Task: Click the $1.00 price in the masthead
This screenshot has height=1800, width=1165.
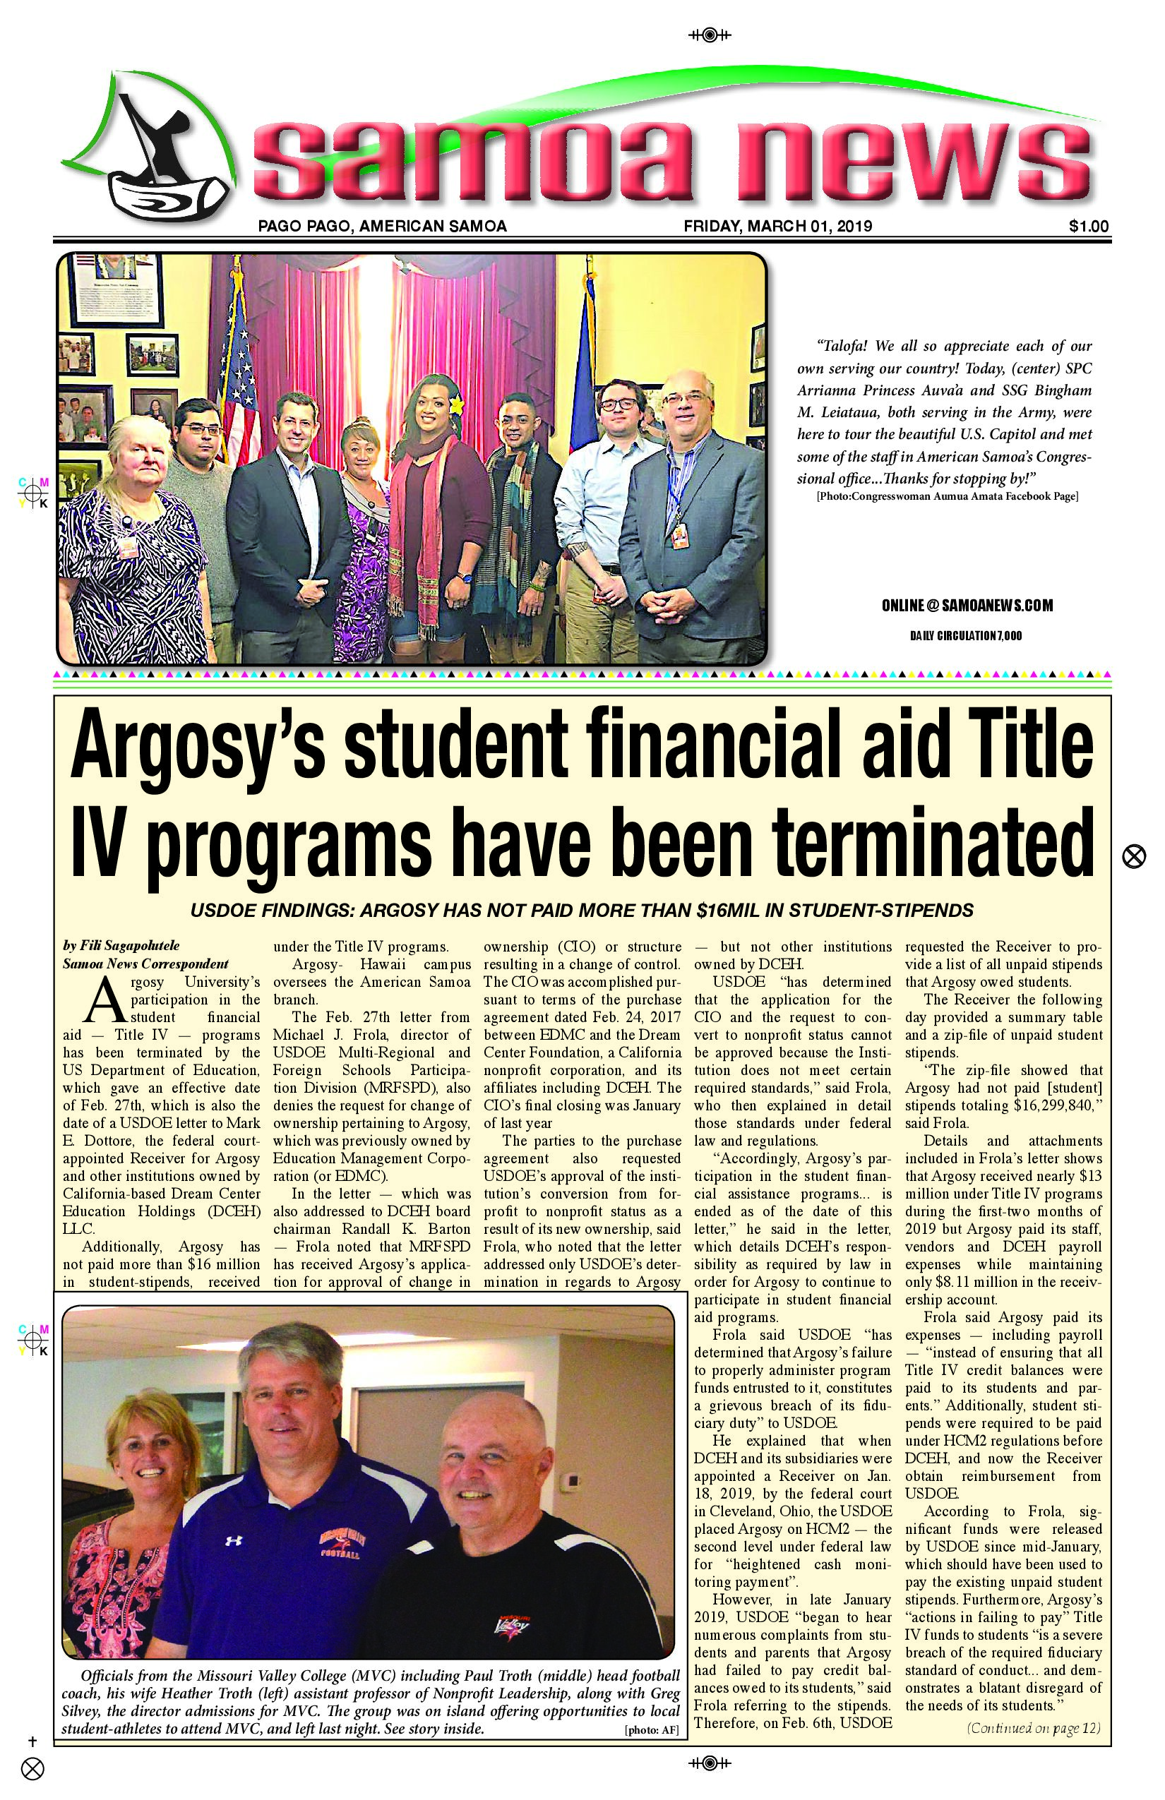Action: coord(1089,225)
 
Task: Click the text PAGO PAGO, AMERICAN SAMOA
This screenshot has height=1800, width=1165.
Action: coord(382,225)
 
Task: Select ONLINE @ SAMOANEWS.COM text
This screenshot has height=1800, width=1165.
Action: coord(966,605)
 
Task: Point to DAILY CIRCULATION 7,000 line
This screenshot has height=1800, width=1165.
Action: coord(965,635)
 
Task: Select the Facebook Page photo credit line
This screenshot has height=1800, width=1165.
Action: coord(946,497)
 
